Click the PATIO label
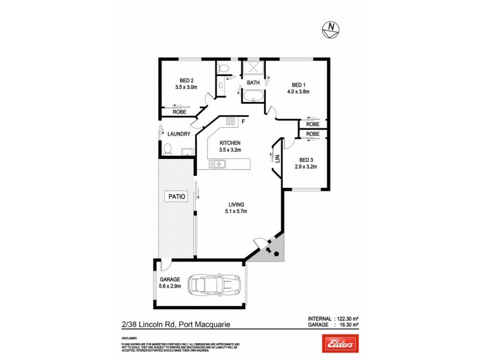click(176, 196)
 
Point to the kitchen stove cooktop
click(230, 122)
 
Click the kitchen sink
click(216, 164)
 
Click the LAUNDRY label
click(179, 134)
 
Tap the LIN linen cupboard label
click(278, 158)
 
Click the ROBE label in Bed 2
click(179, 112)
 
